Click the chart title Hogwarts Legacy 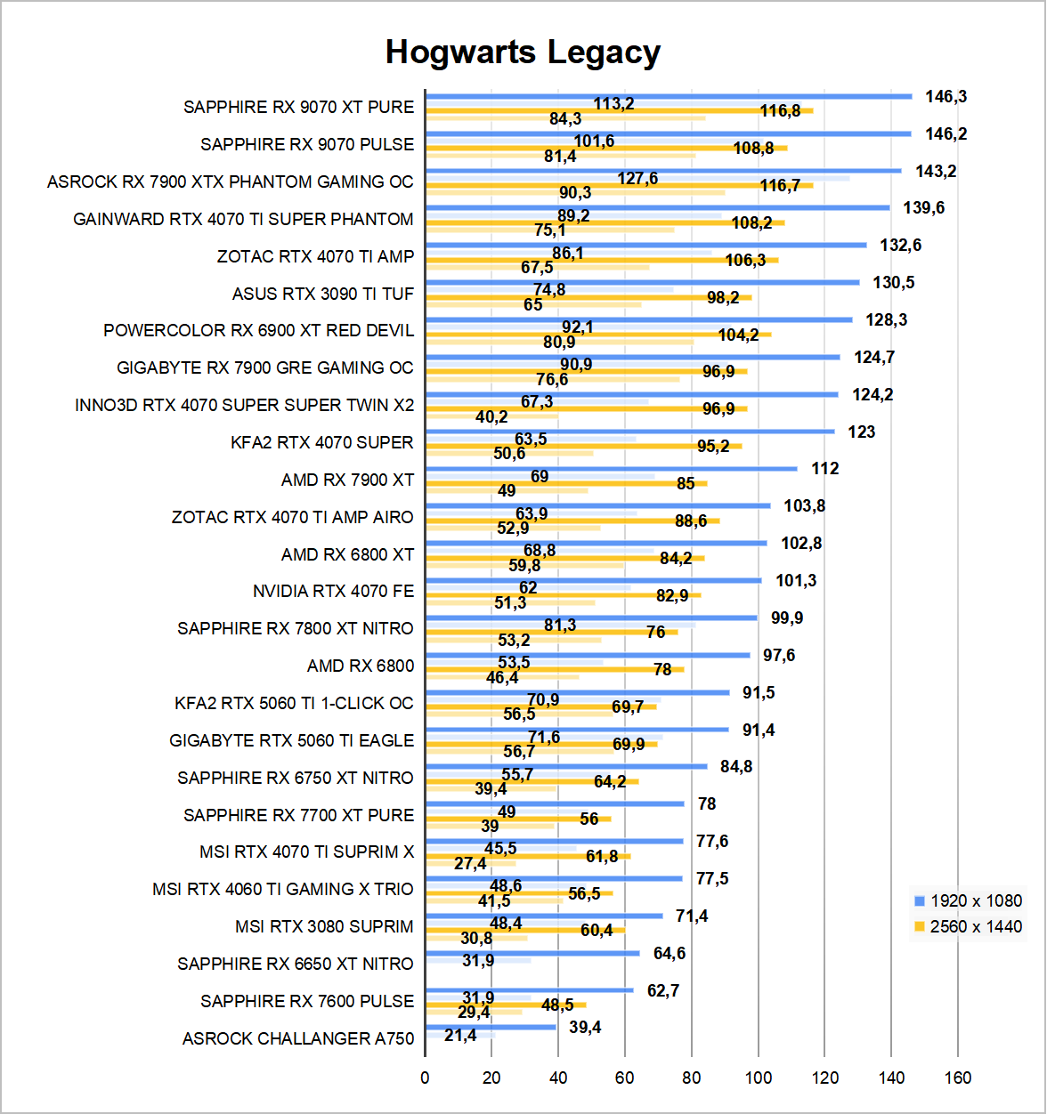(x=523, y=52)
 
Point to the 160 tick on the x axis (x=958, y=1078)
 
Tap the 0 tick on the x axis (x=425, y=1078)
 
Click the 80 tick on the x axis (x=692, y=1078)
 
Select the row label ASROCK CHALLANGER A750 (x=298, y=1038)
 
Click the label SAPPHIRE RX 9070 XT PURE (x=298, y=107)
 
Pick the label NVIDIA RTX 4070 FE (x=333, y=591)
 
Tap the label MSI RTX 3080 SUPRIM (x=324, y=926)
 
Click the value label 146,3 (x=946, y=97)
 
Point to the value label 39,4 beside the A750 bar (x=585, y=1028)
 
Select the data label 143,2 (x=936, y=171)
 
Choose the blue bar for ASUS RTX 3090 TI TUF (x=642, y=282)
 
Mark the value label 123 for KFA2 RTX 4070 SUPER (x=861, y=432)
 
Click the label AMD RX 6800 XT (x=347, y=554)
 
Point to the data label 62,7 (x=663, y=990)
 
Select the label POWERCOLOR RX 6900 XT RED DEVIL (x=258, y=330)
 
